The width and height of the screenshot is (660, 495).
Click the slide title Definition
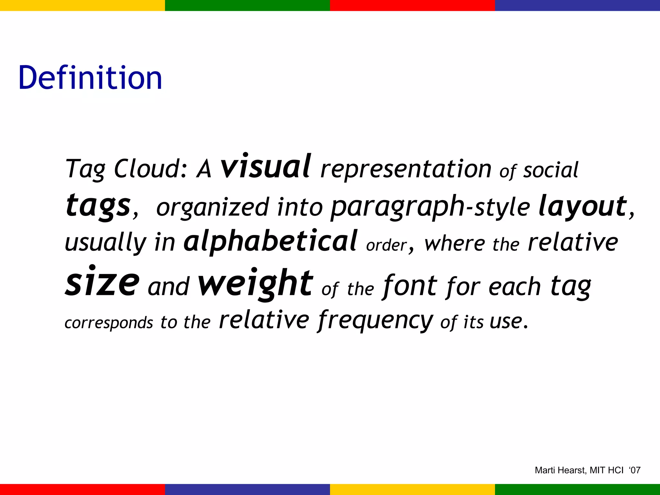(x=90, y=78)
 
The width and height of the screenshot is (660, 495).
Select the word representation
(x=406, y=169)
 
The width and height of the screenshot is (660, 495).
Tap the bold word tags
(x=98, y=206)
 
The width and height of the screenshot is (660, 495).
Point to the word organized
(x=212, y=208)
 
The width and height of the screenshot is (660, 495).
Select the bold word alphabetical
(x=270, y=241)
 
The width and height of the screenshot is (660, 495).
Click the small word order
(x=386, y=245)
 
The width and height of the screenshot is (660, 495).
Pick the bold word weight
(x=255, y=283)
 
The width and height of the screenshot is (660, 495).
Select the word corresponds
(x=109, y=323)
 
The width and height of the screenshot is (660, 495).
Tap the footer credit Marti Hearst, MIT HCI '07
(x=587, y=470)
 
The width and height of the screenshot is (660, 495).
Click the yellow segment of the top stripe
(x=82, y=5)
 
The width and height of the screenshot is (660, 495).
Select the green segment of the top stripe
(x=247, y=5)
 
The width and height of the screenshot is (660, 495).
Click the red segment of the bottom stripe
(x=82, y=489)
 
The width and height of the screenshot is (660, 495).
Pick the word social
(x=550, y=170)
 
